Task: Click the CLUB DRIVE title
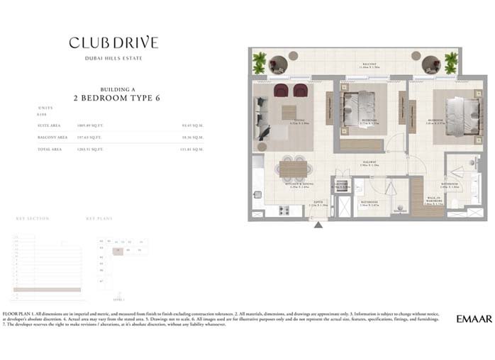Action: [x=113, y=43]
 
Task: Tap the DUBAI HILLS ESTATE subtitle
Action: [x=113, y=57]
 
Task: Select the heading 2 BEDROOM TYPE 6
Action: [x=113, y=98]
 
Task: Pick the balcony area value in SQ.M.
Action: [x=193, y=137]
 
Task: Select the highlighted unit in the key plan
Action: [x=117, y=250]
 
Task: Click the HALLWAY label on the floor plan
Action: [x=369, y=162]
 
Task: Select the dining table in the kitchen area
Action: [x=293, y=169]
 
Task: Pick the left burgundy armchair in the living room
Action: [x=280, y=90]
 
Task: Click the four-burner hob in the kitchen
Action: [x=285, y=210]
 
